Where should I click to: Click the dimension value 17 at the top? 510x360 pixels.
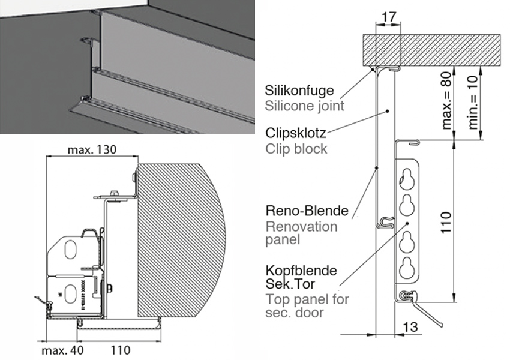388,17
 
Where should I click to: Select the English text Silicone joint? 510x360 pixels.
304,106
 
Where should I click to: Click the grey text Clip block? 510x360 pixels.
296,148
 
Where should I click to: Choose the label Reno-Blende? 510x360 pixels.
307,211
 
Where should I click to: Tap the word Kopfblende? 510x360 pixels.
301,271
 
